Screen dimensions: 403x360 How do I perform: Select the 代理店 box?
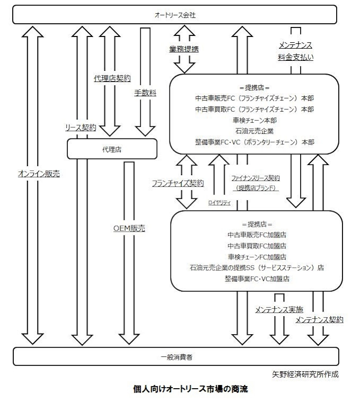pyautogui.click(x=112, y=149)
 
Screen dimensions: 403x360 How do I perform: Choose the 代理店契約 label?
pyautogui.click(x=112, y=78)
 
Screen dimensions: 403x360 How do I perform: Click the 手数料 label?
pyautogui.click(x=145, y=93)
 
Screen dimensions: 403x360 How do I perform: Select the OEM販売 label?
pyautogui.click(x=129, y=228)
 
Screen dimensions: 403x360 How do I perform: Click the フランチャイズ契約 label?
pyautogui.click(x=178, y=183)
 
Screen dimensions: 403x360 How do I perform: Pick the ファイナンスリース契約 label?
pyautogui.click(x=255, y=178)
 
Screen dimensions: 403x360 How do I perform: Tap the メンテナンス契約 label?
pyautogui.click(x=319, y=320)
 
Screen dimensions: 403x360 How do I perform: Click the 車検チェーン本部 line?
pyautogui.click(x=254, y=120)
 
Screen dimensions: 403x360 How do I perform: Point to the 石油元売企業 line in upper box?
pyautogui.click(x=254, y=131)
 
